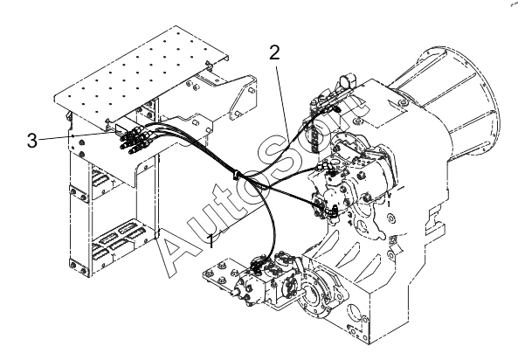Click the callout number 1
click(x=211, y=241)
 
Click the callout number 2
click(x=274, y=53)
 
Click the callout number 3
click(x=32, y=141)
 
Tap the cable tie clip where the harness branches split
click(x=237, y=175)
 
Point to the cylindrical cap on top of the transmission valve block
click(x=348, y=80)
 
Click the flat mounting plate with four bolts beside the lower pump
click(x=219, y=274)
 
